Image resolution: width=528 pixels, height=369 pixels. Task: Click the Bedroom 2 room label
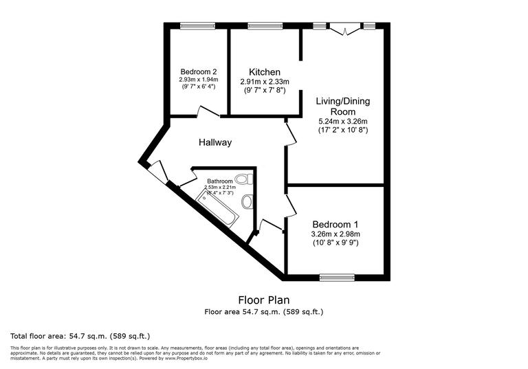(x=199, y=71)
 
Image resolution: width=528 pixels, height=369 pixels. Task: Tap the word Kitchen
(x=265, y=72)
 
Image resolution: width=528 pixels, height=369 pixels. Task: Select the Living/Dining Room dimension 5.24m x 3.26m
(x=342, y=121)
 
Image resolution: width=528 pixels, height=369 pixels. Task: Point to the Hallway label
(x=215, y=143)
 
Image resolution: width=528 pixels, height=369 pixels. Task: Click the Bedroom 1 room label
(x=335, y=225)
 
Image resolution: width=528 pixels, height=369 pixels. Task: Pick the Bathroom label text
(x=220, y=181)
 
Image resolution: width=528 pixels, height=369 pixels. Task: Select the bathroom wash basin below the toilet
(x=248, y=201)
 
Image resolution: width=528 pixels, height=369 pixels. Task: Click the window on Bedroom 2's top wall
(x=199, y=26)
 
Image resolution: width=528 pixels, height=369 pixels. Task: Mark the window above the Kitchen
(x=261, y=26)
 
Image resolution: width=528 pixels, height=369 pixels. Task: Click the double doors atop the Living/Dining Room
(x=342, y=29)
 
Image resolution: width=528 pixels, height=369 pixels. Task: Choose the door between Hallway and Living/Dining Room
(x=291, y=133)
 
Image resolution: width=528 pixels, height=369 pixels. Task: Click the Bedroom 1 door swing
(x=291, y=204)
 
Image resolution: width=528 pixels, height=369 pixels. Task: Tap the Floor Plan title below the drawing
(x=263, y=300)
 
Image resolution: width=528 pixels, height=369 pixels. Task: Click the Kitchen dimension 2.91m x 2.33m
(x=265, y=82)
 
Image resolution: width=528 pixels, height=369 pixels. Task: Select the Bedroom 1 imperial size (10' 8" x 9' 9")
(x=335, y=243)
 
